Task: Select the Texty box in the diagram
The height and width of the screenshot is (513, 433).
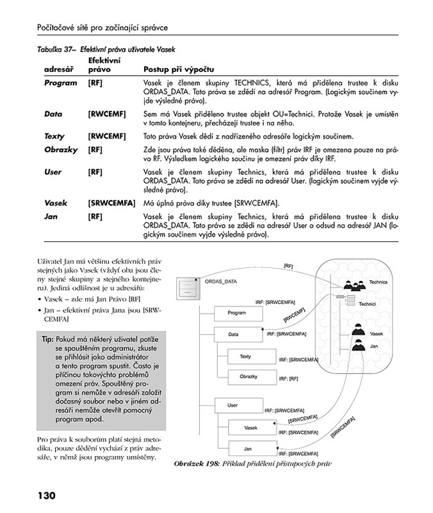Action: (x=245, y=356)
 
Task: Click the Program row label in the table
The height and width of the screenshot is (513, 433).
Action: (x=60, y=83)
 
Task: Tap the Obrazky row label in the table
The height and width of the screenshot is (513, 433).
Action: (x=61, y=149)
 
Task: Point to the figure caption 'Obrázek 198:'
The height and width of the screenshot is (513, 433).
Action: (x=195, y=463)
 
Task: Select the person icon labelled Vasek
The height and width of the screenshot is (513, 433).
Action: (x=357, y=330)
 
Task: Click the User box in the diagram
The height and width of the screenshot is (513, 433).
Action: (x=234, y=405)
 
